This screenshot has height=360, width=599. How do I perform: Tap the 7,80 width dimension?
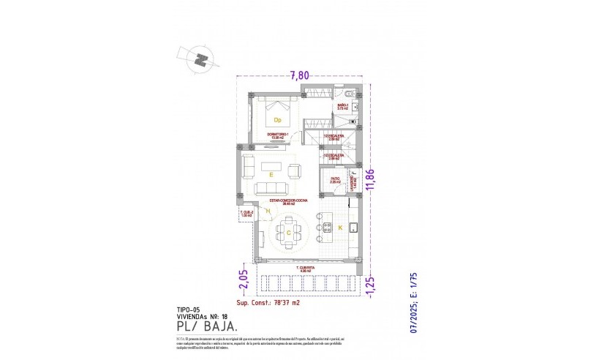(x=300, y=75)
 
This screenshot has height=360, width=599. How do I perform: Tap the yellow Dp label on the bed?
(x=277, y=119)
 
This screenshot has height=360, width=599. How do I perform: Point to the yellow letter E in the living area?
(x=271, y=176)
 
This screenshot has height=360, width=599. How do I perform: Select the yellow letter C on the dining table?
(x=289, y=233)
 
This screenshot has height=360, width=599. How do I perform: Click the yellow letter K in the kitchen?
(x=339, y=228)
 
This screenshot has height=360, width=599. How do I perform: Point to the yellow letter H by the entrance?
(x=268, y=212)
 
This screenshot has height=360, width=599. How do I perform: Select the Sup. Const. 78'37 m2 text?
(x=268, y=303)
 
